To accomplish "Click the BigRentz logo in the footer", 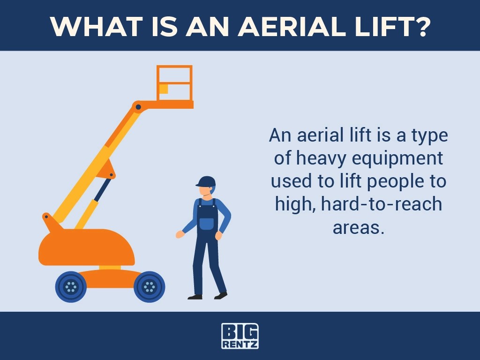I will click(x=240, y=336).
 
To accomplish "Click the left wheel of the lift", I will click(x=71, y=286).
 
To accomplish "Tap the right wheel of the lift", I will click(x=149, y=286).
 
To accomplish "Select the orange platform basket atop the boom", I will click(x=174, y=84).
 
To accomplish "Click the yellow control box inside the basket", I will click(x=164, y=89).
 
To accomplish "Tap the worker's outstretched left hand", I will click(x=180, y=234).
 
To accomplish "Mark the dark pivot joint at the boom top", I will click(x=138, y=107).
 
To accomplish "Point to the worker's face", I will click(x=204, y=191).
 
